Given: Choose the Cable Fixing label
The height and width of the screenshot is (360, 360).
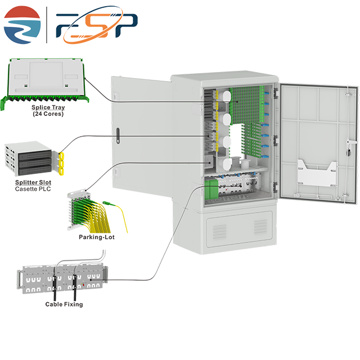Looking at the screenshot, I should pos(64,304).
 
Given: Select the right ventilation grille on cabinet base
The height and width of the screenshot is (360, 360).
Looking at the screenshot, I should pos(259,226).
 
